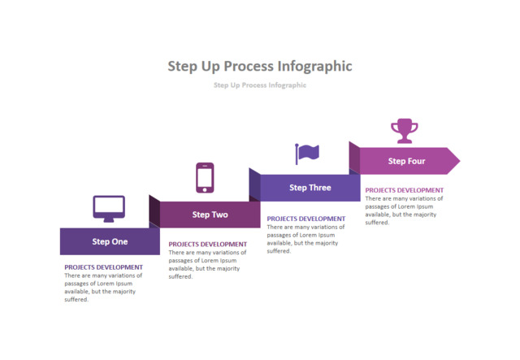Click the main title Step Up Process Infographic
(260, 66)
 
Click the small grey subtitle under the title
(260, 85)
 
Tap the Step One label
(110, 241)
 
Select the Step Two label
(210, 215)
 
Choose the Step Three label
(310, 188)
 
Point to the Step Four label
(406, 161)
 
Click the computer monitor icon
(109, 208)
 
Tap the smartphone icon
(205, 178)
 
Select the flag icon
(306, 153)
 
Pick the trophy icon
(404, 130)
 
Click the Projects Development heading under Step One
(103, 267)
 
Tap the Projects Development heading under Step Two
(207, 244)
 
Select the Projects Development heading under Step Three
(305, 218)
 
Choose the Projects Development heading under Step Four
(404, 190)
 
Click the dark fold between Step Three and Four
(354, 158)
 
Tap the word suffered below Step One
(76, 299)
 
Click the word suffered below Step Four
(377, 222)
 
